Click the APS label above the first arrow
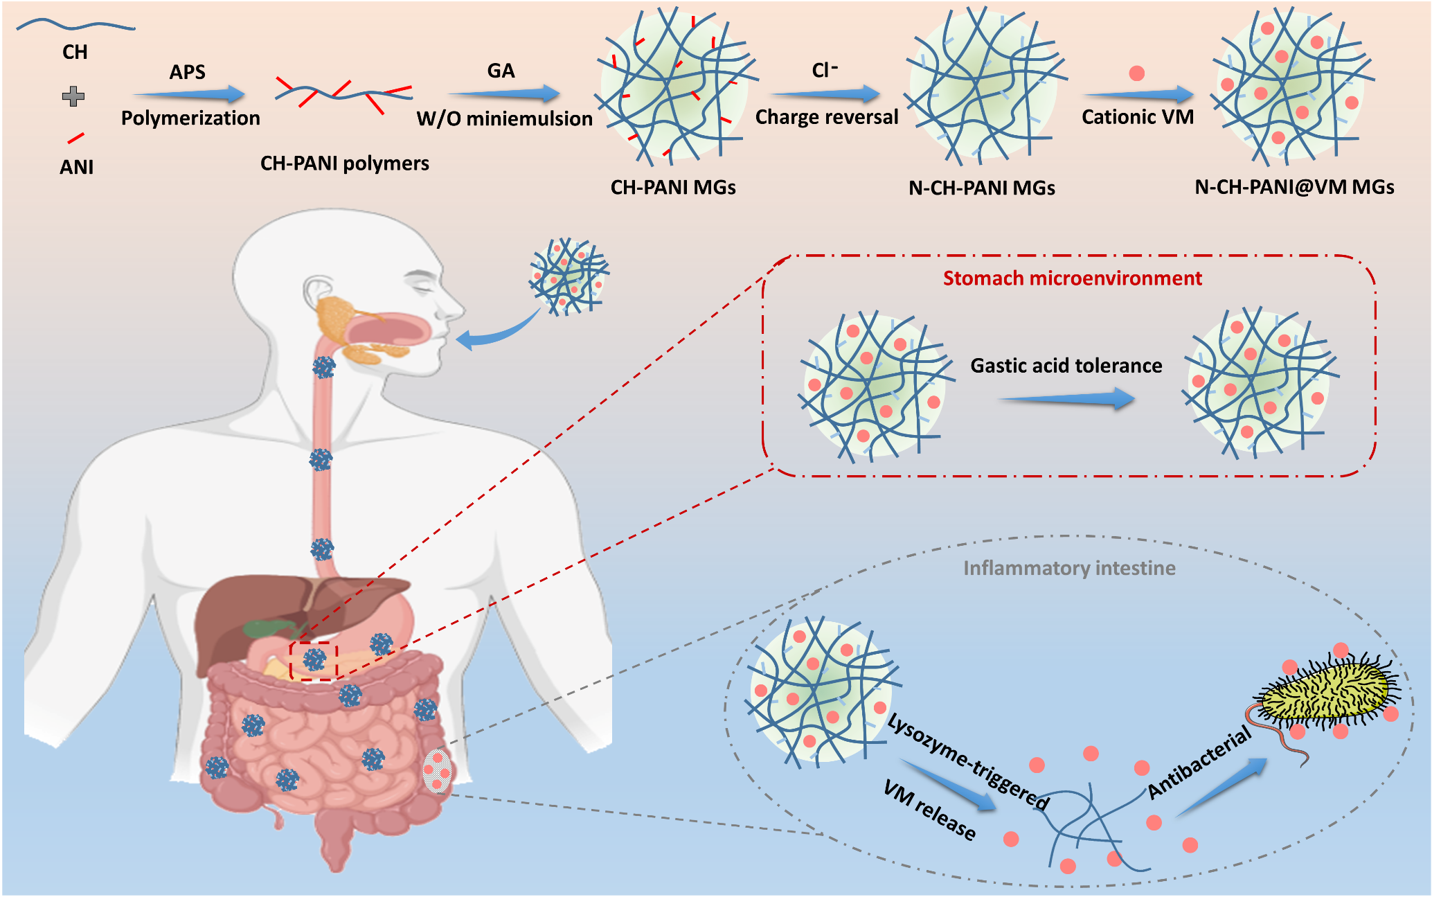[x=188, y=72]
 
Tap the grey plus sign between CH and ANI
[x=73, y=96]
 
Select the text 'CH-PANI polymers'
[x=344, y=163]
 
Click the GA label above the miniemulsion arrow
[x=501, y=71]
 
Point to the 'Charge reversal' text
[x=827, y=117]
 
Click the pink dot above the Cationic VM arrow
[x=1136, y=73]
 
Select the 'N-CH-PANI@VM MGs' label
[x=1294, y=187]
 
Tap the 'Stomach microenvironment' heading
[x=1072, y=278]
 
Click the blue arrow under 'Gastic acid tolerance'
[x=1066, y=399]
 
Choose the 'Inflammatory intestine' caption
[x=1069, y=569]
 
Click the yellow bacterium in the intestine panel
[x=1325, y=693]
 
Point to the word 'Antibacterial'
[x=1199, y=762]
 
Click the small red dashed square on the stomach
[x=314, y=661]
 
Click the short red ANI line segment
[x=75, y=138]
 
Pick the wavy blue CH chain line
[x=75, y=26]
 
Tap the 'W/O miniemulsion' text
[x=504, y=118]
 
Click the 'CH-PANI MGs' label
[x=673, y=188]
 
